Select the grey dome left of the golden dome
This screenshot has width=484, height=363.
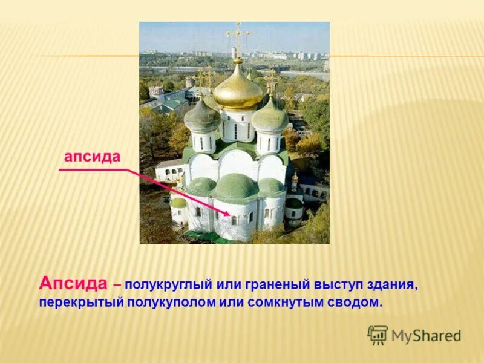click(x=202, y=117)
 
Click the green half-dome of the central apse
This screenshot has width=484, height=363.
click(x=236, y=187)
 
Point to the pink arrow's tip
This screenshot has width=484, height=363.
click(x=229, y=215)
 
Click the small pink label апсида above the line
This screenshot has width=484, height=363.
click(x=93, y=156)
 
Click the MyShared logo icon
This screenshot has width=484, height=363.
click(x=378, y=335)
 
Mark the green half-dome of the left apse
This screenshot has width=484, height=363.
click(x=200, y=186)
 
